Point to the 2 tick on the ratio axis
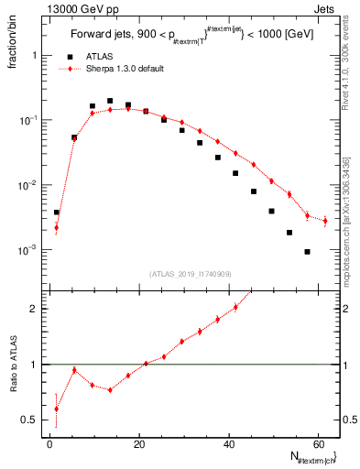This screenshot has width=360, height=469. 34,309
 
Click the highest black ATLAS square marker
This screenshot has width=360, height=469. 110,101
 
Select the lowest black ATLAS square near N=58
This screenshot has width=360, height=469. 307,252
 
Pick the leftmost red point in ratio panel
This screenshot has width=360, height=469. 56,409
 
